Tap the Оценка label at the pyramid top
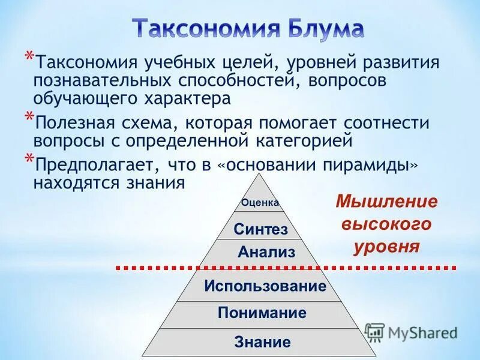(x=260, y=203)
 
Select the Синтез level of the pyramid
(x=260, y=229)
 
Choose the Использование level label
(x=265, y=286)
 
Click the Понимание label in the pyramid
(x=262, y=313)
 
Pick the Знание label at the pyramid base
(x=262, y=343)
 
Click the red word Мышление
(x=386, y=202)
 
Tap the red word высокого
(x=386, y=224)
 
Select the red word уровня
(x=386, y=247)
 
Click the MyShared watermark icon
(x=374, y=332)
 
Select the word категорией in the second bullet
(x=309, y=142)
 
